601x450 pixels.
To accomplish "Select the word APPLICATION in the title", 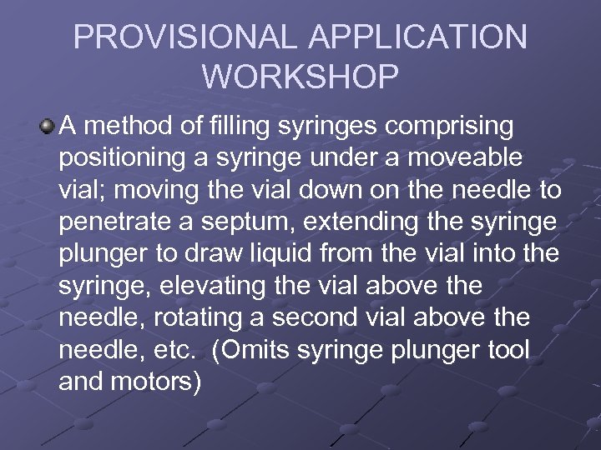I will click(x=410, y=38).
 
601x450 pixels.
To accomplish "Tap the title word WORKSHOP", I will click(x=300, y=77).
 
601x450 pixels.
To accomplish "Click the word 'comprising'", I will click(x=452, y=127).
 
